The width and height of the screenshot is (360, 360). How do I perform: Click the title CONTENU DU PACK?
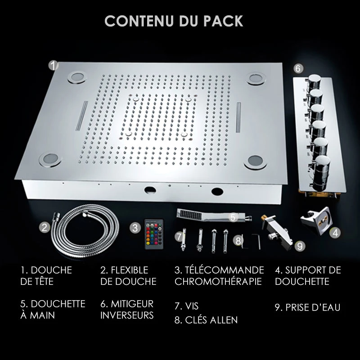coord(174,21)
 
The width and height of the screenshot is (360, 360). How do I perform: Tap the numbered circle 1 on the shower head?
coord(53,66)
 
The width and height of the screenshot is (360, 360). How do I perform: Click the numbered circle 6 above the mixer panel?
coord(298,68)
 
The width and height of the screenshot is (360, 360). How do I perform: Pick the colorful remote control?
coord(154,234)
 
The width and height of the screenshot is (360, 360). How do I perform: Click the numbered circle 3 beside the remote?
coord(135,228)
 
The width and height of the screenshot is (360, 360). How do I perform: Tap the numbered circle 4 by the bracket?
coord(335,233)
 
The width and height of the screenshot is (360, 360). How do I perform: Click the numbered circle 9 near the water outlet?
coord(300,246)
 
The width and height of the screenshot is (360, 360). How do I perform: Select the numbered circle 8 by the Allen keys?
coord(238,241)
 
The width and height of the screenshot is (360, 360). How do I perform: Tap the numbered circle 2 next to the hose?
coord(45,227)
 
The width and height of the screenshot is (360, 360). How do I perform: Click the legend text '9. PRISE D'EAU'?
coord(307,307)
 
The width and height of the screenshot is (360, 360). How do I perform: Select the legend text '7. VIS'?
coord(186,306)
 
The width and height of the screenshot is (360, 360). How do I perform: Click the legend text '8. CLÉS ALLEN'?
coord(206,320)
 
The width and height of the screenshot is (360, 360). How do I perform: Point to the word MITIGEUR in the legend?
coord(132,304)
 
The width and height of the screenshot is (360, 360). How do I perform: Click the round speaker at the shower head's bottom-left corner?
coord(50,159)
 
